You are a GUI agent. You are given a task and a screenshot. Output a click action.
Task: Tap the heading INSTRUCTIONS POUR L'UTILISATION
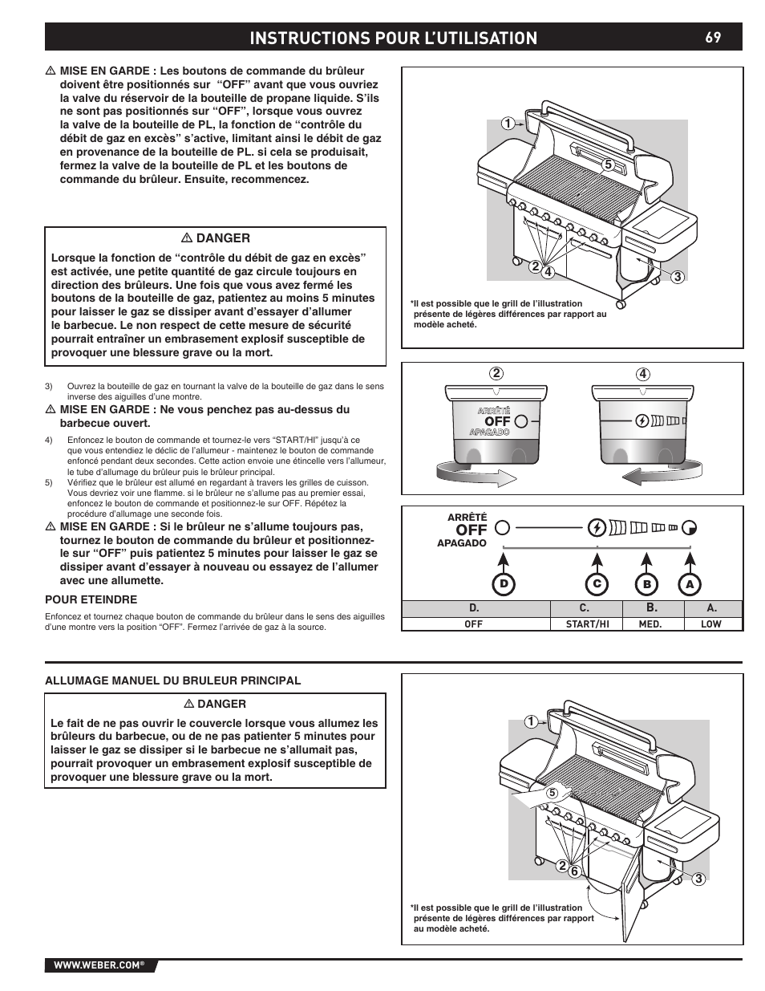(393, 38)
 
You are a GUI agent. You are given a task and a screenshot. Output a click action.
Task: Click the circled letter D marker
(504, 584)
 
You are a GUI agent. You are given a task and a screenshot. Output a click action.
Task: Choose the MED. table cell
(650, 623)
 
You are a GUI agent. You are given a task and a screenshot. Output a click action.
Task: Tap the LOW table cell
(711, 623)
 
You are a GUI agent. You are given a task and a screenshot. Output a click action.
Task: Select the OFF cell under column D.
(474, 623)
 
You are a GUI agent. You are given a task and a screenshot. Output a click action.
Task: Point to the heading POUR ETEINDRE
(91, 599)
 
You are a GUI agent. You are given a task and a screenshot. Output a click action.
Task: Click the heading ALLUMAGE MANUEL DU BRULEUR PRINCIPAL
(173, 680)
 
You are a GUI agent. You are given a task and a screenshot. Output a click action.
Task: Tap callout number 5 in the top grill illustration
(608, 164)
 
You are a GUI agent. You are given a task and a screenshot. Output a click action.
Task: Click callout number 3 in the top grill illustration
(677, 278)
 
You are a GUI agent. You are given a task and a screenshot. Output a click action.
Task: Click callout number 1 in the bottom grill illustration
(530, 721)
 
